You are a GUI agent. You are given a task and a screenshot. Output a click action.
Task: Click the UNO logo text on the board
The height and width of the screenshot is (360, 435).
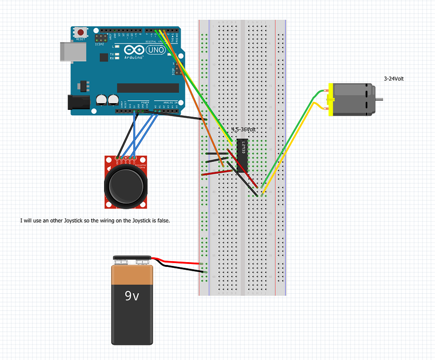click(156, 50)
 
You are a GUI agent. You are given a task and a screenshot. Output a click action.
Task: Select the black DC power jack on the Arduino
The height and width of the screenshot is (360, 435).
click(78, 102)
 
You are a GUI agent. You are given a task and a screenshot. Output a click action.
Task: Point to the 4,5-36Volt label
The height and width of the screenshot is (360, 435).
click(244, 130)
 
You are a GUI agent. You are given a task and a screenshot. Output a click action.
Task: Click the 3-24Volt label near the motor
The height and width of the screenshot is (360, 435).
click(394, 78)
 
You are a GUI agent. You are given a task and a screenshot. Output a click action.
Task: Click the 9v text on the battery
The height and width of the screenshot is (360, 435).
click(132, 296)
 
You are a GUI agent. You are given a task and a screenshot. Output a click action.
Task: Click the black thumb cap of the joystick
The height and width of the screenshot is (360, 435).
click(127, 185)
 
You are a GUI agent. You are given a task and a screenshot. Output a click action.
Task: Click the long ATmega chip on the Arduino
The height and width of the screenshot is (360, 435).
click(148, 87)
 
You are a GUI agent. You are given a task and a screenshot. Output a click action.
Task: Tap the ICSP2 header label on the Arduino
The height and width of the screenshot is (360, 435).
click(100, 44)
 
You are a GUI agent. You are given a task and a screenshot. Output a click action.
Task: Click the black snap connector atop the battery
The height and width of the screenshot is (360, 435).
click(132, 260)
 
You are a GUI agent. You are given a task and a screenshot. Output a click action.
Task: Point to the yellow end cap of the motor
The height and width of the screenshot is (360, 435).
click(330, 99)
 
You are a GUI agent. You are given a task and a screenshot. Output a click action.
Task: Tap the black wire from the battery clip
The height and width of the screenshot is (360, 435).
click(182, 269)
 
